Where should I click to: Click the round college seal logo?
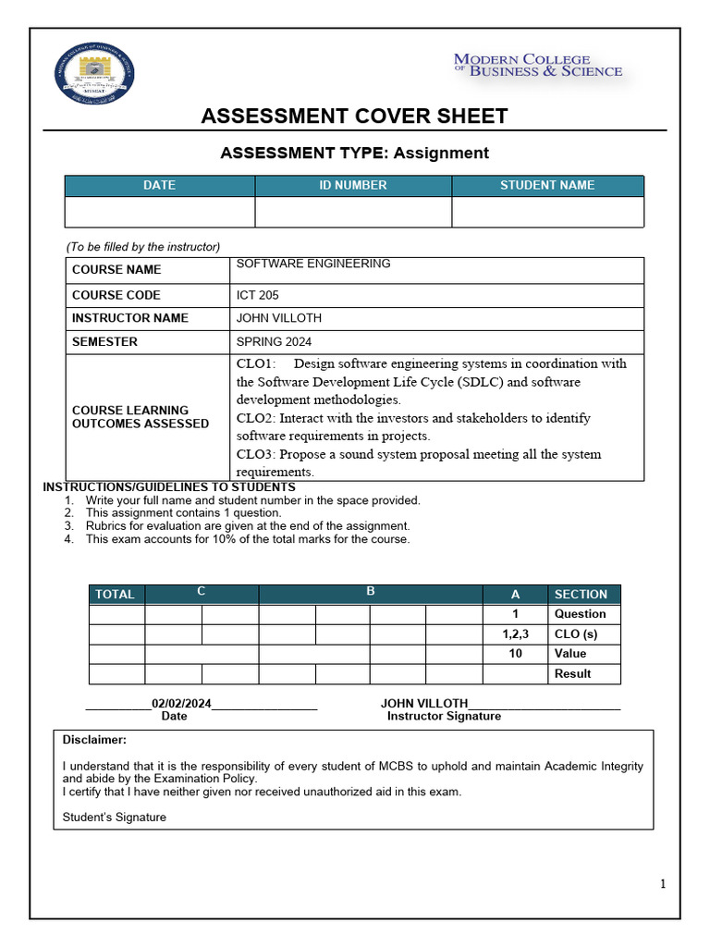(x=95, y=75)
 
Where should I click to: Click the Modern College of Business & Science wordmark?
(x=537, y=66)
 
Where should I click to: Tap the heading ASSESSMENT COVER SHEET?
(x=354, y=116)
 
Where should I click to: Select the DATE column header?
(x=159, y=186)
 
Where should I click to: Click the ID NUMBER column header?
(x=353, y=186)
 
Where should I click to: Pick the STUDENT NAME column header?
(x=547, y=186)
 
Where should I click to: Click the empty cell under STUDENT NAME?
(x=547, y=212)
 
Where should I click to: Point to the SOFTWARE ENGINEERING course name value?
(x=313, y=264)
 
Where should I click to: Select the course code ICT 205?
(x=257, y=295)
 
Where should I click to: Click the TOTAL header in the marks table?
(x=115, y=595)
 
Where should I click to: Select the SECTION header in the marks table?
(x=581, y=595)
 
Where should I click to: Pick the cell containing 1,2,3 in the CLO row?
(x=515, y=634)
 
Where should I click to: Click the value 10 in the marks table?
(x=515, y=654)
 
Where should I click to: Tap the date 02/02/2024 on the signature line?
(x=181, y=704)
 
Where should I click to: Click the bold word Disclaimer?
(x=94, y=740)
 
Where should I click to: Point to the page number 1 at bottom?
(x=663, y=884)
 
